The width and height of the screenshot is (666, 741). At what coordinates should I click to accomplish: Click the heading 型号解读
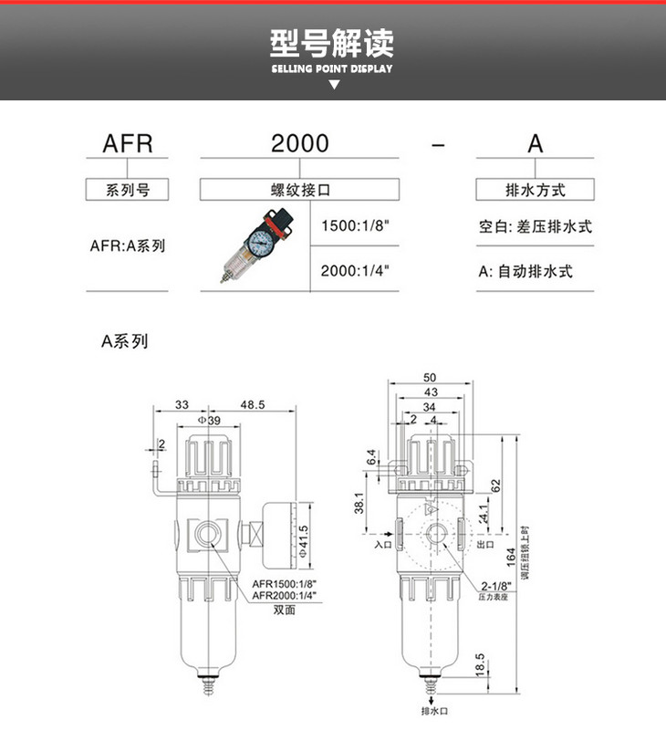click(333, 43)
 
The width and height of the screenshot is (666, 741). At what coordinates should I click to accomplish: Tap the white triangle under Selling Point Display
click(334, 84)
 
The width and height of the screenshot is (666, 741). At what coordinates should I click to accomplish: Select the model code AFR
click(126, 143)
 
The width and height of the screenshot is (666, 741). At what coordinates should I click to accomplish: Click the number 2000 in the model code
click(299, 143)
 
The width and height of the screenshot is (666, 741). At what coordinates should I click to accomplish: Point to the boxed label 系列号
click(127, 190)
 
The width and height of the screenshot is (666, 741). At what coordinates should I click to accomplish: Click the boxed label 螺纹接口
click(299, 190)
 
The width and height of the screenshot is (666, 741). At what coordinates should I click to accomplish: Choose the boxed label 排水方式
click(535, 190)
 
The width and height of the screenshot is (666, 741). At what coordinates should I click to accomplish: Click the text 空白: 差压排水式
click(535, 226)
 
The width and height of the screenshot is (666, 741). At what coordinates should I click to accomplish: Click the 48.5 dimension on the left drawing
click(253, 404)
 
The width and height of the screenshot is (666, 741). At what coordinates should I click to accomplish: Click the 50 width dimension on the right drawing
click(431, 378)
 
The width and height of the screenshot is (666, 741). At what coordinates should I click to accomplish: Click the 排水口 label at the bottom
click(432, 711)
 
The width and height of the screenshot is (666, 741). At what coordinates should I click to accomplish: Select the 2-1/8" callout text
click(494, 586)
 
